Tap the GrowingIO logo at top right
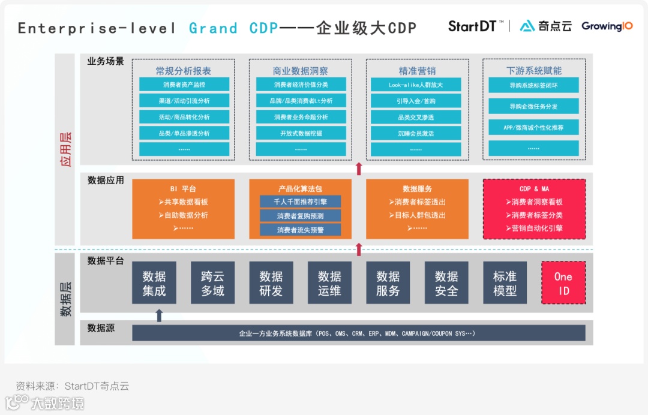click(607, 26)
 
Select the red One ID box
click(563, 283)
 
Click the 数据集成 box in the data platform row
click(154, 283)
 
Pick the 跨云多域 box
click(212, 283)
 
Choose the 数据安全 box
click(446, 283)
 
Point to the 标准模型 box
click(505, 283)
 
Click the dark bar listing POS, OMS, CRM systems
click(358, 333)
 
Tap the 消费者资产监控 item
click(184, 85)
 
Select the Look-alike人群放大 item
click(416, 85)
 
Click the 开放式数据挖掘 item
click(301, 133)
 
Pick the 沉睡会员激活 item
click(416, 133)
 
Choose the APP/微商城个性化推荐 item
click(533, 127)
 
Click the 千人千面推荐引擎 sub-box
click(300, 202)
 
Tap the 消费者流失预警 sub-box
click(300, 230)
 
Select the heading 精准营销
click(416, 71)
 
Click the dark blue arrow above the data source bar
click(159, 315)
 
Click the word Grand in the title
click(213, 28)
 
